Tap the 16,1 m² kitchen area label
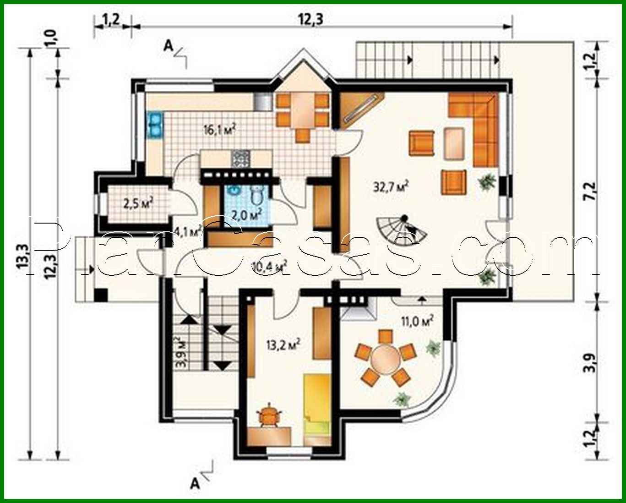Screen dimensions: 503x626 pyautogui.click(x=219, y=130)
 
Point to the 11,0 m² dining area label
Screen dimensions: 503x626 pyautogui.click(x=417, y=322)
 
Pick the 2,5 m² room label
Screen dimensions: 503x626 pyautogui.click(x=138, y=202)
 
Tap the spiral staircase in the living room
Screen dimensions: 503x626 pyautogui.click(x=403, y=228)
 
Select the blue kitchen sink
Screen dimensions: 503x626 pyautogui.click(x=154, y=125)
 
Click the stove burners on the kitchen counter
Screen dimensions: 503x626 pyautogui.click(x=241, y=159)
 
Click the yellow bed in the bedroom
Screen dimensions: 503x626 pyautogui.click(x=316, y=403)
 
